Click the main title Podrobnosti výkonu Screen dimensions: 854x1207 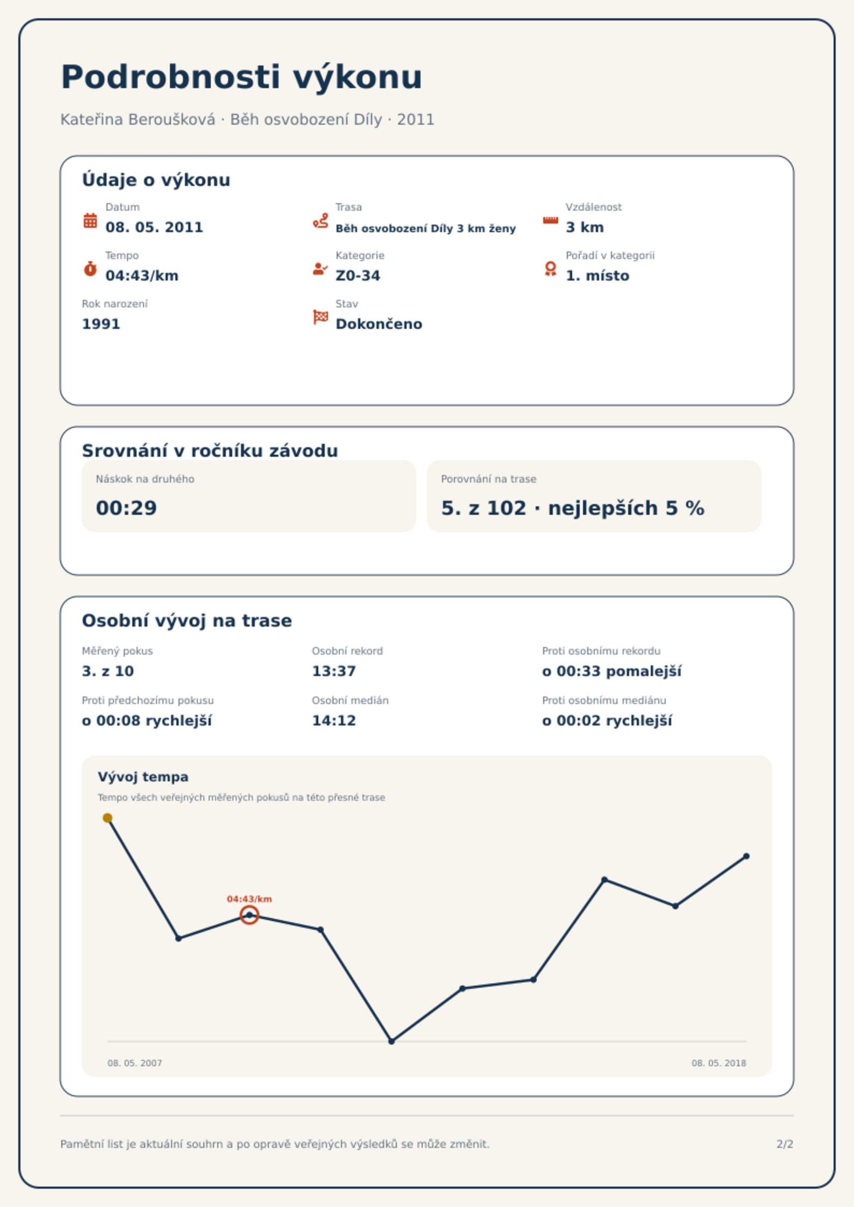pos(241,77)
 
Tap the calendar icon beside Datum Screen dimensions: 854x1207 pos(90,220)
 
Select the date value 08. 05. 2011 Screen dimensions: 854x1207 pos(154,227)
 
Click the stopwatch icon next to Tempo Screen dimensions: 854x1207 pos(90,269)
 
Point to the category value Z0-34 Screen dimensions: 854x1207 pos(358,276)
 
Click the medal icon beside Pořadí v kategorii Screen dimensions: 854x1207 pos(550,269)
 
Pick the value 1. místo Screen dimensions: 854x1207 pos(597,276)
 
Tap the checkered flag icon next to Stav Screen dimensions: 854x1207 pos(321,317)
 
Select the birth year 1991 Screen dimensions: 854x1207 pos(101,324)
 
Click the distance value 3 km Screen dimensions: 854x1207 pos(585,227)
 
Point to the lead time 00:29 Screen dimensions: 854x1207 pos(126,508)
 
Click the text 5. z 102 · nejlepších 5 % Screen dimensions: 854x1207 pos(573,508)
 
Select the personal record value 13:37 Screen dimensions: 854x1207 pos(334,671)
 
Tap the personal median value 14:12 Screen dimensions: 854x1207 pos(334,721)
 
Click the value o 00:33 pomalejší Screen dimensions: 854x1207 pos(611,671)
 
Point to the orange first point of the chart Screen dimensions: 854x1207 pos(108,818)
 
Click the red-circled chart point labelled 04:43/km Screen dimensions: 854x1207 pos(249,915)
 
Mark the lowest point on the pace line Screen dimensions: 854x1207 pos(392,1041)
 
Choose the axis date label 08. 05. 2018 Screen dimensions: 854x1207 pos(718,1063)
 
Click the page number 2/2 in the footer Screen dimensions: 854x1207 pos(785,1144)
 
